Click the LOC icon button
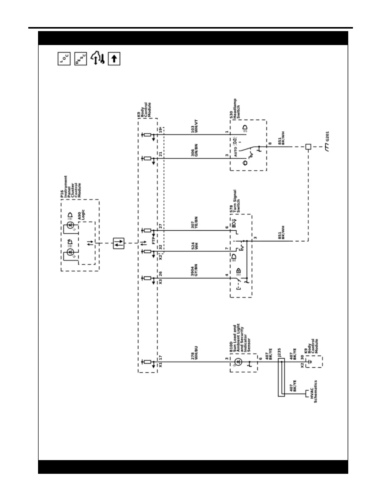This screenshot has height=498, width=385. pyautogui.click(x=64, y=59)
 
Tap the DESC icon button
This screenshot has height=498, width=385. pyautogui.click(x=80, y=59)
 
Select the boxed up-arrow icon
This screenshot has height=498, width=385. pyautogui.click(x=114, y=59)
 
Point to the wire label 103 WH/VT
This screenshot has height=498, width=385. pyautogui.click(x=195, y=126)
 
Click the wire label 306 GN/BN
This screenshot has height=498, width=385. pyautogui.click(x=195, y=150)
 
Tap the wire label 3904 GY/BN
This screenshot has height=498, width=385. pyautogui.click(x=195, y=270)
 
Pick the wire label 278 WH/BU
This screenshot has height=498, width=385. pyautogui.click(x=195, y=353)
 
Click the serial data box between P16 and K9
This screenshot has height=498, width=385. pyautogui.click(x=118, y=243)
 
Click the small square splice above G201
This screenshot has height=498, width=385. pyautogui.click(x=308, y=147)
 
